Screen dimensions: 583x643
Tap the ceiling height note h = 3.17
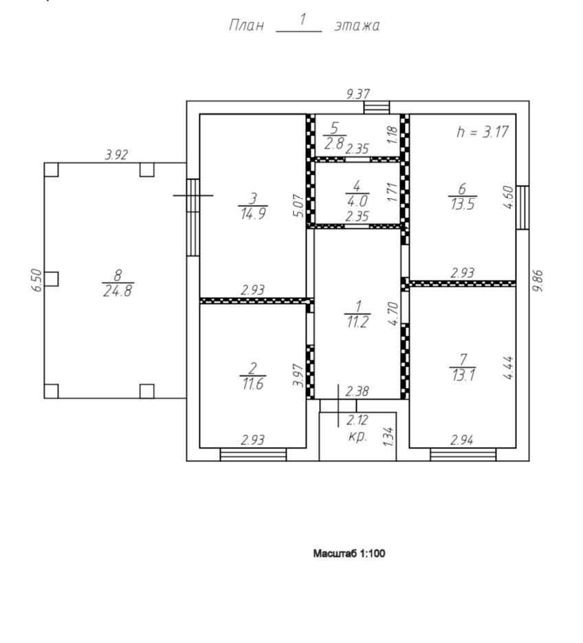pyautogui.click(x=483, y=132)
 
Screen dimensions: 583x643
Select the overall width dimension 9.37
pyautogui.click(x=357, y=95)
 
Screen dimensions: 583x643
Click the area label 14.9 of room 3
pyautogui.click(x=253, y=213)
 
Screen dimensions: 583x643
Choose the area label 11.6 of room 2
pyautogui.click(x=252, y=384)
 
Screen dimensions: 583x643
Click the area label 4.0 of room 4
pyautogui.click(x=357, y=201)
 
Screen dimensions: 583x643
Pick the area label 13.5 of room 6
pyautogui.click(x=461, y=204)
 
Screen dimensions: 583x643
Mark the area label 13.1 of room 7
pyautogui.click(x=462, y=375)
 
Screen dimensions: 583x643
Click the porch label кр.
pyautogui.click(x=357, y=436)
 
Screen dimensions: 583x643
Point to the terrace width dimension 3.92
pyautogui.click(x=116, y=155)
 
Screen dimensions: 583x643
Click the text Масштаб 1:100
pyautogui.click(x=349, y=553)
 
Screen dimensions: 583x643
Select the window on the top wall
pyautogui.click(x=376, y=107)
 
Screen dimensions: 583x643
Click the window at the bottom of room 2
pyautogui.click(x=253, y=454)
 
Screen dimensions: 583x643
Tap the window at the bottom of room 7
pyautogui.click(x=463, y=454)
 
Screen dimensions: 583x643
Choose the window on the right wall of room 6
pyautogui.click(x=522, y=207)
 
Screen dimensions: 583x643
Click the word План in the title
pyautogui.click(x=245, y=26)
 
